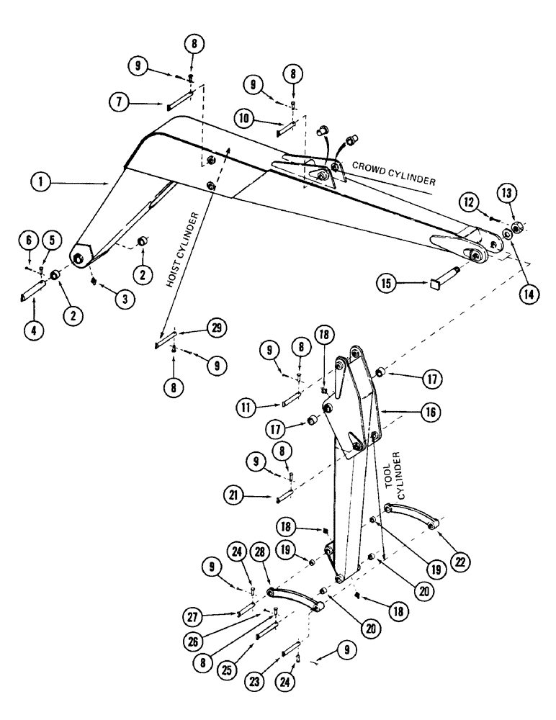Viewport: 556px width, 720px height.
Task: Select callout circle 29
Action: tap(215, 329)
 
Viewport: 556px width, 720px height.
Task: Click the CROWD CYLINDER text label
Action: tap(393, 173)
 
